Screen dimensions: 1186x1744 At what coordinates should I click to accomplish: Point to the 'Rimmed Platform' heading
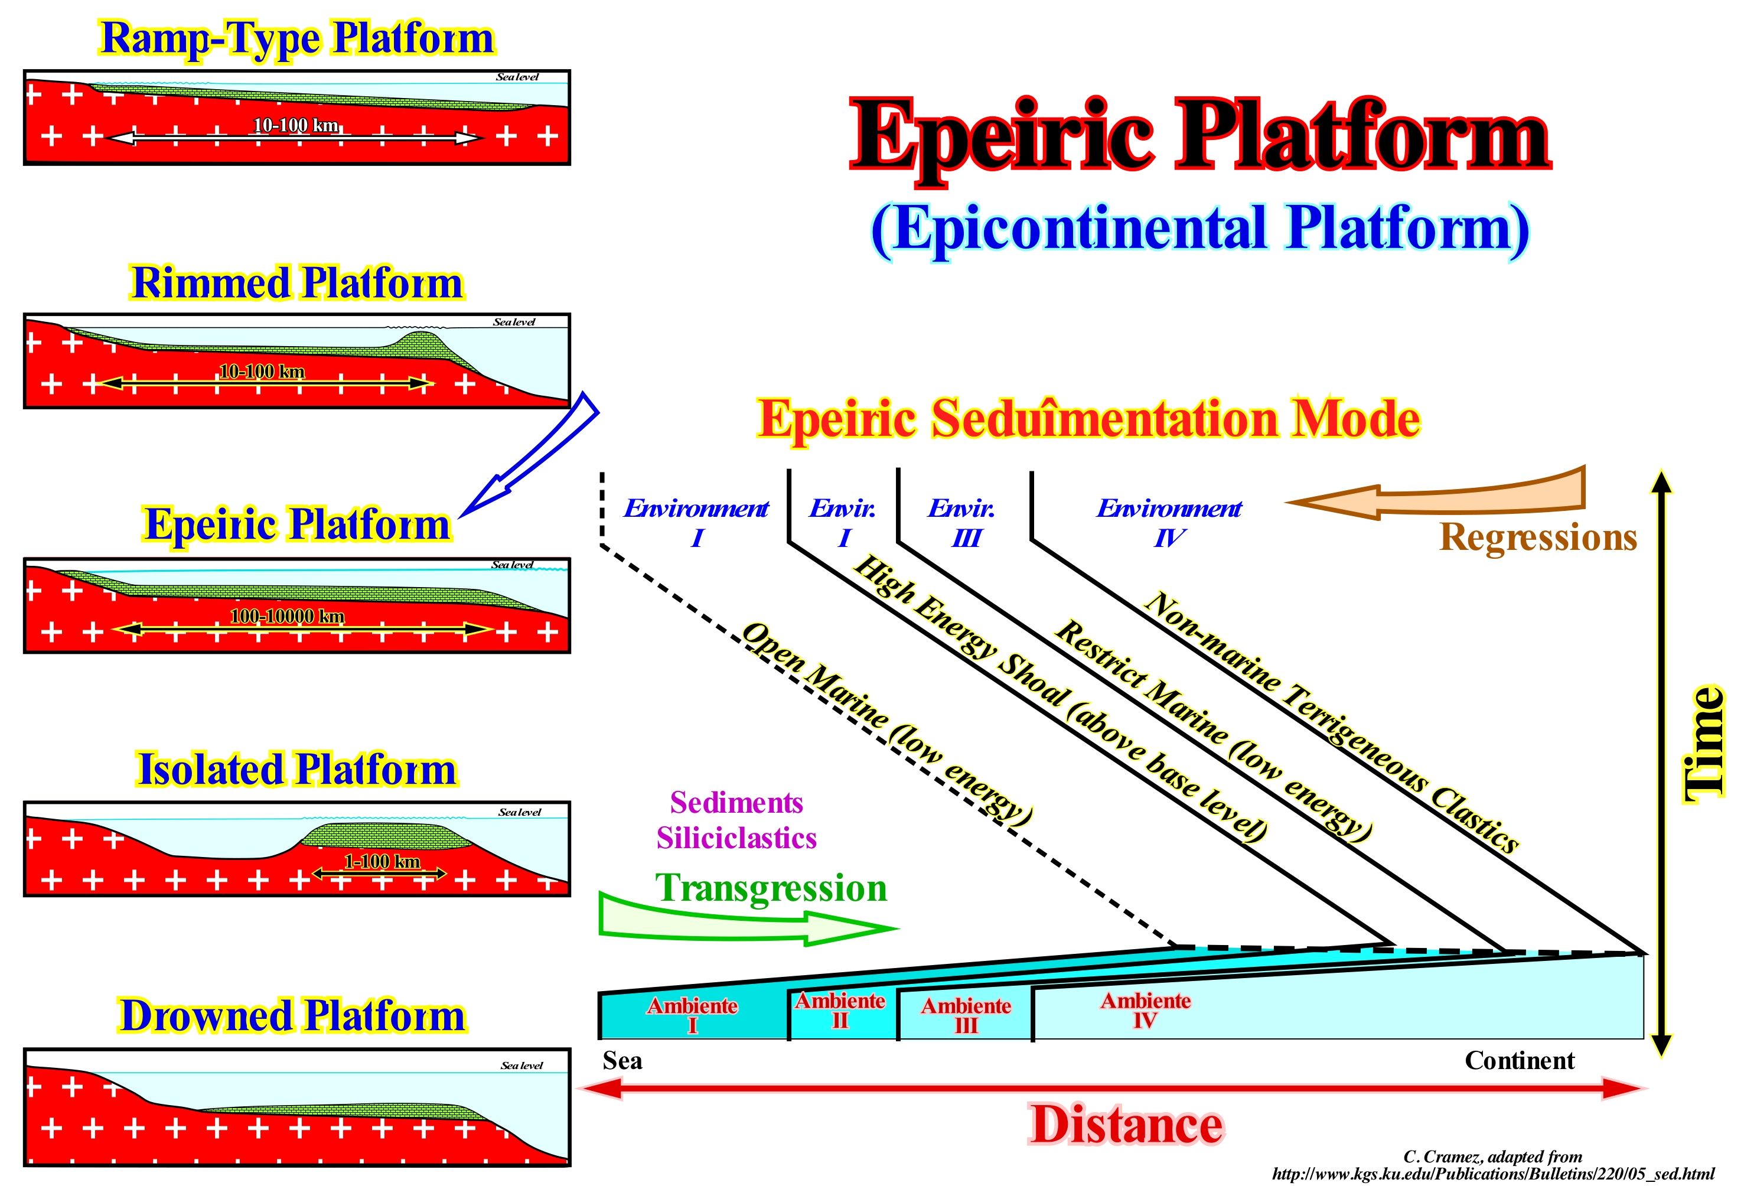point(296,283)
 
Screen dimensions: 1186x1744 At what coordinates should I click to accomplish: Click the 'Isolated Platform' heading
point(296,770)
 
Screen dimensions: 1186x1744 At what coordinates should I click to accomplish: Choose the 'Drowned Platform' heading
point(293,1016)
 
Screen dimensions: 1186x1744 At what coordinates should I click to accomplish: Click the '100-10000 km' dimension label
point(288,616)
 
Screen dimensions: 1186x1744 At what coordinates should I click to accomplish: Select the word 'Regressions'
point(1538,537)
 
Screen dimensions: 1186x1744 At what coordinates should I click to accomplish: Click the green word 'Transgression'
point(771,888)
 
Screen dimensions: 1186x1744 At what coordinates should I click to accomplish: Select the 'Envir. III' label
point(962,523)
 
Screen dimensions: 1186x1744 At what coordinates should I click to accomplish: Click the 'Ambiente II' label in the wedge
point(840,1011)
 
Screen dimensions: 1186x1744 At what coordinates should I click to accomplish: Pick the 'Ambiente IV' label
point(1145,1011)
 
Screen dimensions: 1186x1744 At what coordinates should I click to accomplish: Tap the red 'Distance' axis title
point(1126,1125)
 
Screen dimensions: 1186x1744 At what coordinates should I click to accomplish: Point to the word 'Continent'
point(1519,1061)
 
